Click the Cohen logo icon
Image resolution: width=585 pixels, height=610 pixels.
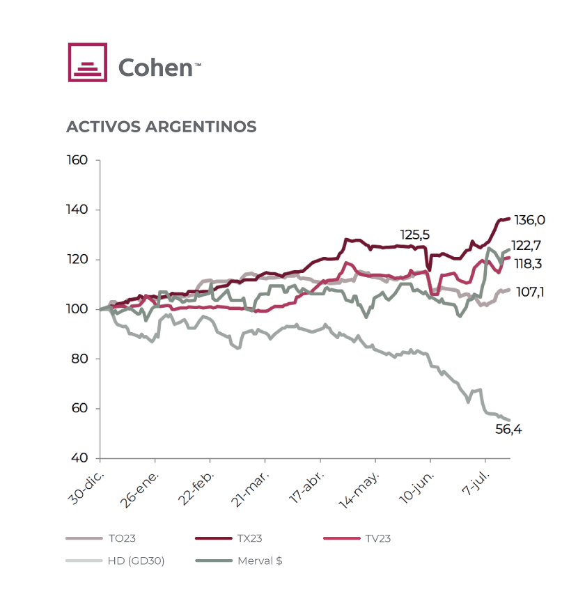pos(87,63)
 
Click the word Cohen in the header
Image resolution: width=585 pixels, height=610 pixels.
pos(155,67)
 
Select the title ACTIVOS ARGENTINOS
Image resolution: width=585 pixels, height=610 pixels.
pos(161,127)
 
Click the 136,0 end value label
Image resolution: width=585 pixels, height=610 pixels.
pos(529,220)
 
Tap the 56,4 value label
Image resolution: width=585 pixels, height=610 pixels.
pos(508,430)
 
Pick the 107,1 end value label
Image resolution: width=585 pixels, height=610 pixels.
pos(529,292)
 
